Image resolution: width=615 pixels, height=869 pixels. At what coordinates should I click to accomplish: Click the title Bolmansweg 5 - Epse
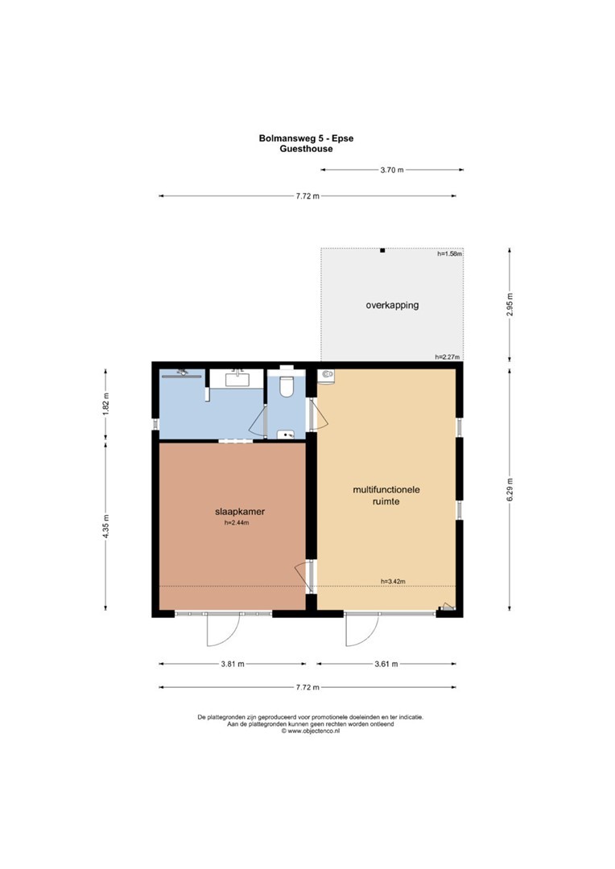click(x=306, y=138)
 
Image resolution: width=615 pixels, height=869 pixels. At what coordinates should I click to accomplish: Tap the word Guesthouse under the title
click(x=306, y=149)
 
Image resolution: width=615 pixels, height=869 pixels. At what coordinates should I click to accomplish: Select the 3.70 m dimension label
click(x=392, y=170)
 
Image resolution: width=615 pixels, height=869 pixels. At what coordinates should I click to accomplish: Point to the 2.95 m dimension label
click(x=510, y=304)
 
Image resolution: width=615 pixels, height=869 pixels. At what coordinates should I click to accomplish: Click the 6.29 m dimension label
click(x=510, y=489)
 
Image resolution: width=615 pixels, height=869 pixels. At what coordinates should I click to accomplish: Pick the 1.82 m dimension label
click(x=106, y=403)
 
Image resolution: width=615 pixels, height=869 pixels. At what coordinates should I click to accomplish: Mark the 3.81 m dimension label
click(x=233, y=664)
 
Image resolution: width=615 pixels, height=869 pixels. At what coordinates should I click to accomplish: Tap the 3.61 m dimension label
click(x=386, y=664)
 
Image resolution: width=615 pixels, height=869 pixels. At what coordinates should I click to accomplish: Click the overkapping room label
click(x=392, y=305)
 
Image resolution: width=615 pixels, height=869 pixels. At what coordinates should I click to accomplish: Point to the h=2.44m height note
click(x=237, y=523)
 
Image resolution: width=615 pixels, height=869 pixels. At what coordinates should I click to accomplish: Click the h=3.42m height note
click(x=393, y=582)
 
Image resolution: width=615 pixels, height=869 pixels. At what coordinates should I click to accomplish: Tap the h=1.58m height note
click(x=450, y=253)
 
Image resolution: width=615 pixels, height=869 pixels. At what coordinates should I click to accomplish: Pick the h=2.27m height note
click(x=448, y=357)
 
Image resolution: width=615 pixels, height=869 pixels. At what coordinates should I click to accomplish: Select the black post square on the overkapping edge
click(x=382, y=250)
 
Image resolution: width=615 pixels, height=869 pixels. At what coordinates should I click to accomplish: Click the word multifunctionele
click(x=386, y=490)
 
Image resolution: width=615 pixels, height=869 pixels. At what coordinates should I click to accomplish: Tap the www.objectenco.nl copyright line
click(x=311, y=731)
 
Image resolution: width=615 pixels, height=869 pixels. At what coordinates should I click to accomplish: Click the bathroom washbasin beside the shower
click(x=237, y=379)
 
